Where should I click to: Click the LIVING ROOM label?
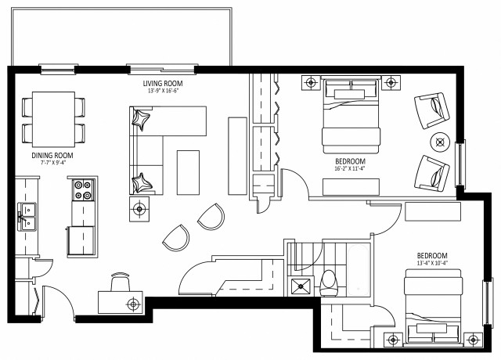pyautogui.click(x=163, y=83)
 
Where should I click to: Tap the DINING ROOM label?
pyautogui.click(x=52, y=156)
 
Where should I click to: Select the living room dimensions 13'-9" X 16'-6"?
pyautogui.click(x=163, y=92)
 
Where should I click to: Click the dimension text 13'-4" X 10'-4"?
pyautogui.click(x=431, y=265)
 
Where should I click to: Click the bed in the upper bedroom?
pyautogui.click(x=352, y=116)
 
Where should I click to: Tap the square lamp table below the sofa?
pyautogui.click(x=141, y=208)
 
